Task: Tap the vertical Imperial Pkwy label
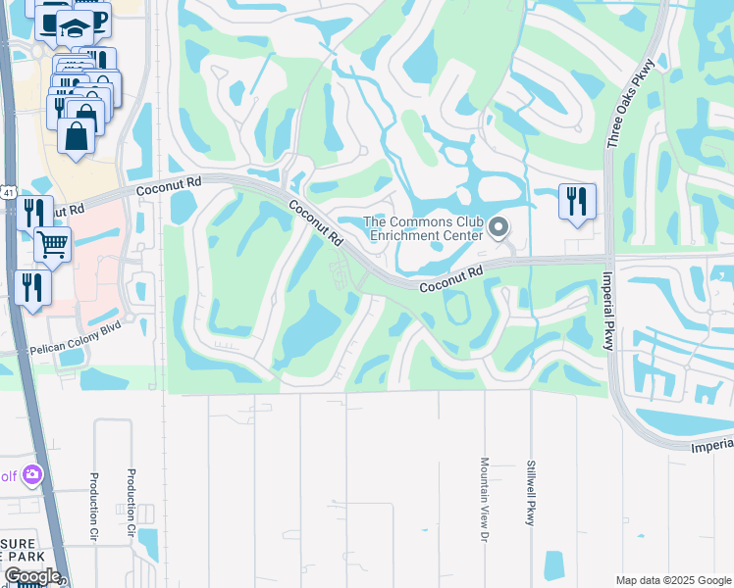[x=607, y=308]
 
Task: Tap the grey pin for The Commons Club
[x=498, y=228]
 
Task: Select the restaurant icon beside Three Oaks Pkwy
[x=576, y=202]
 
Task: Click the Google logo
[x=31, y=576]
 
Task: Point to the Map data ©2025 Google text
[x=672, y=579]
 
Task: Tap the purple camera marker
[x=32, y=475]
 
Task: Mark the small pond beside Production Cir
[x=148, y=544]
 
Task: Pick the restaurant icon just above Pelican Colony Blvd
[x=32, y=287]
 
